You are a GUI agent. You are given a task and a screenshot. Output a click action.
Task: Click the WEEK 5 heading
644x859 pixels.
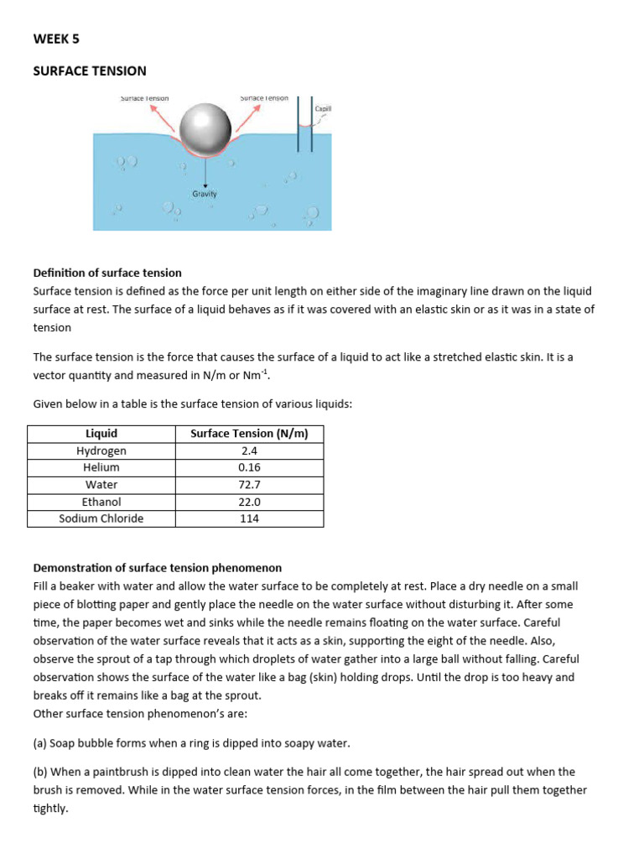point(56,39)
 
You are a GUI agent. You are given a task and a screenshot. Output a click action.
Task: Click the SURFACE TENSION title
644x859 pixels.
point(89,71)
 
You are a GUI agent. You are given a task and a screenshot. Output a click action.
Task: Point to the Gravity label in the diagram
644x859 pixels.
point(205,194)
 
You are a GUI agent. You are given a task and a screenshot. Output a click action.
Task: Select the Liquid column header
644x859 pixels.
point(101,434)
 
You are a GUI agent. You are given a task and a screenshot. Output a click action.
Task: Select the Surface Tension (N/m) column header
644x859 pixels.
point(249,434)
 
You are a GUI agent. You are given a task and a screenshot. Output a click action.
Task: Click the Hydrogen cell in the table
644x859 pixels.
point(101,450)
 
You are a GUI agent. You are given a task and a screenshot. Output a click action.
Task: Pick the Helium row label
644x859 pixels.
point(101,467)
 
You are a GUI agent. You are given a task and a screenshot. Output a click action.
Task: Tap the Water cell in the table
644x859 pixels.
point(101,485)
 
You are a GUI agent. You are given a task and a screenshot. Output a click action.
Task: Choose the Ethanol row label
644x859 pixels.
point(101,502)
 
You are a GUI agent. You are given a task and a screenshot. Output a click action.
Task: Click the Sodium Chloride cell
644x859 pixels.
point(101,518)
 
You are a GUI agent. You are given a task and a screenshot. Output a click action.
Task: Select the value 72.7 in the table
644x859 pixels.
point(249,485)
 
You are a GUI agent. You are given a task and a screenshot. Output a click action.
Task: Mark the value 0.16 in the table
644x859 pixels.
point(249,467)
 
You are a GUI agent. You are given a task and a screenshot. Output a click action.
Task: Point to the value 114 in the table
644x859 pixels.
point(249,518)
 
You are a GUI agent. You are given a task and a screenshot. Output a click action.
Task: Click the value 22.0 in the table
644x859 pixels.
point(249,502)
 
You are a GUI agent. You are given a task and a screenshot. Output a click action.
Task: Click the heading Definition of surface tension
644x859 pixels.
point(107,273)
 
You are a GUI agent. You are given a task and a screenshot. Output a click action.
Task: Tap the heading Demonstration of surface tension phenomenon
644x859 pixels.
point(157,568)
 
